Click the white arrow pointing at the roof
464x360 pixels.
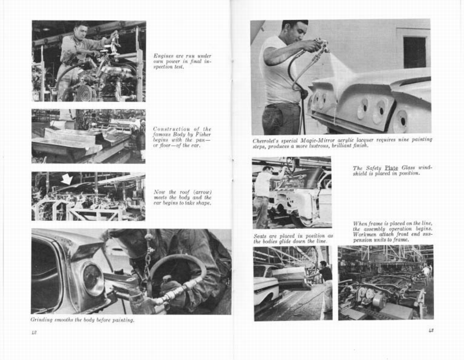67,179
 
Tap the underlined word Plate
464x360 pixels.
391,168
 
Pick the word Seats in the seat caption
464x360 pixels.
260,236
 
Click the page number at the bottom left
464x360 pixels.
34,332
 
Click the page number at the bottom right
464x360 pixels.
430,331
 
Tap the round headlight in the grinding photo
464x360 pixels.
94,280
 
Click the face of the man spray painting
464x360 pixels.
299,32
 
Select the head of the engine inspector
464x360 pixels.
81,32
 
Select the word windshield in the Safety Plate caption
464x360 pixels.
424,168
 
